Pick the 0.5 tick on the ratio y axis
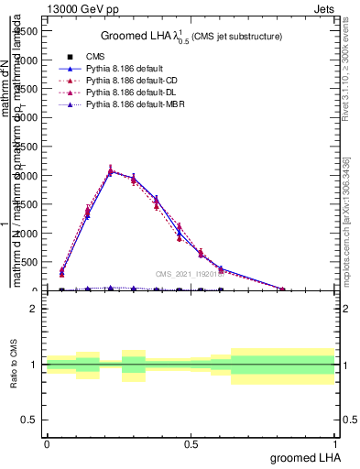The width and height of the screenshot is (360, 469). point(29,420)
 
